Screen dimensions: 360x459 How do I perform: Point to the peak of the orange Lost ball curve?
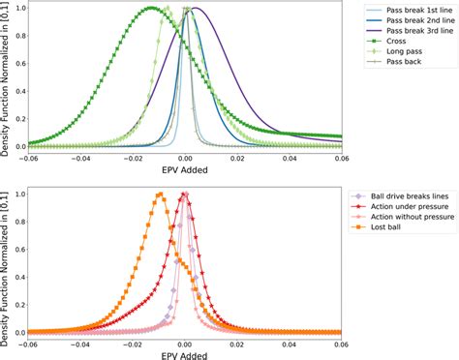click(x=159, y=195)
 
